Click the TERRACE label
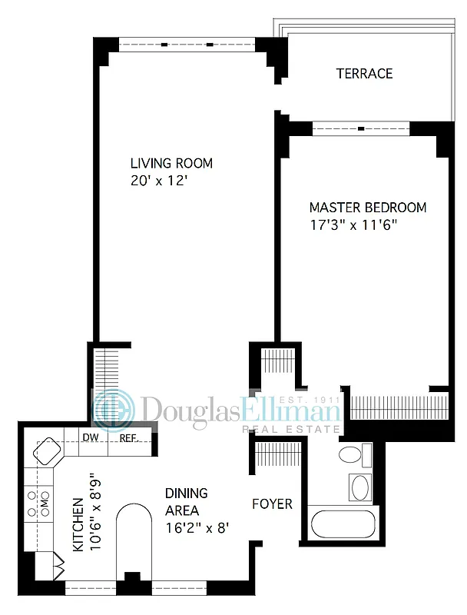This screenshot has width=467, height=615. coord(364,74)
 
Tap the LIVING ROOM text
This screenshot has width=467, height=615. coord(171,163)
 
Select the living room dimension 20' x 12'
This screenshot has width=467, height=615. coord(159,181)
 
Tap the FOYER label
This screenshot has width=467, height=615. coord(273,504)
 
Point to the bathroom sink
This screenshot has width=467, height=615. coord(360,487)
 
